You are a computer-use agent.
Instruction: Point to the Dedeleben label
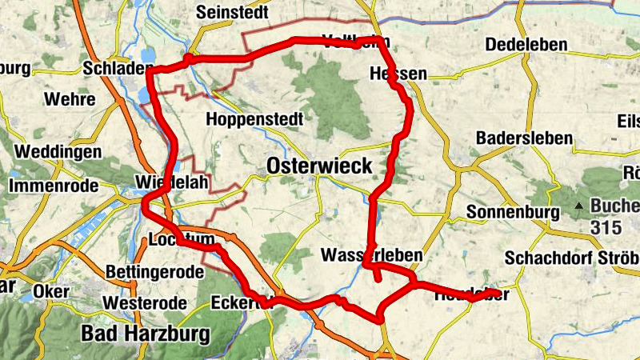point(526,43)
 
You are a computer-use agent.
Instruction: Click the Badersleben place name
point(524,138)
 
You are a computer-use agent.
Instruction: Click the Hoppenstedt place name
point(254,120)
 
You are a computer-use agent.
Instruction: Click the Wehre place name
point(70,100)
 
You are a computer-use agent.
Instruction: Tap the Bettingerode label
point(154,272)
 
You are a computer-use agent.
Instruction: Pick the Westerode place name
point(145,303)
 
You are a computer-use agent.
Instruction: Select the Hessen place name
point(398,74)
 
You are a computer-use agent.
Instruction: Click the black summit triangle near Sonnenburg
point(578,206)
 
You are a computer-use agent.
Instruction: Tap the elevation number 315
point(606,227)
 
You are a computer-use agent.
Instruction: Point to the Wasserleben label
point(371,255)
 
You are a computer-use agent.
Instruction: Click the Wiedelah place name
point(172,183)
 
